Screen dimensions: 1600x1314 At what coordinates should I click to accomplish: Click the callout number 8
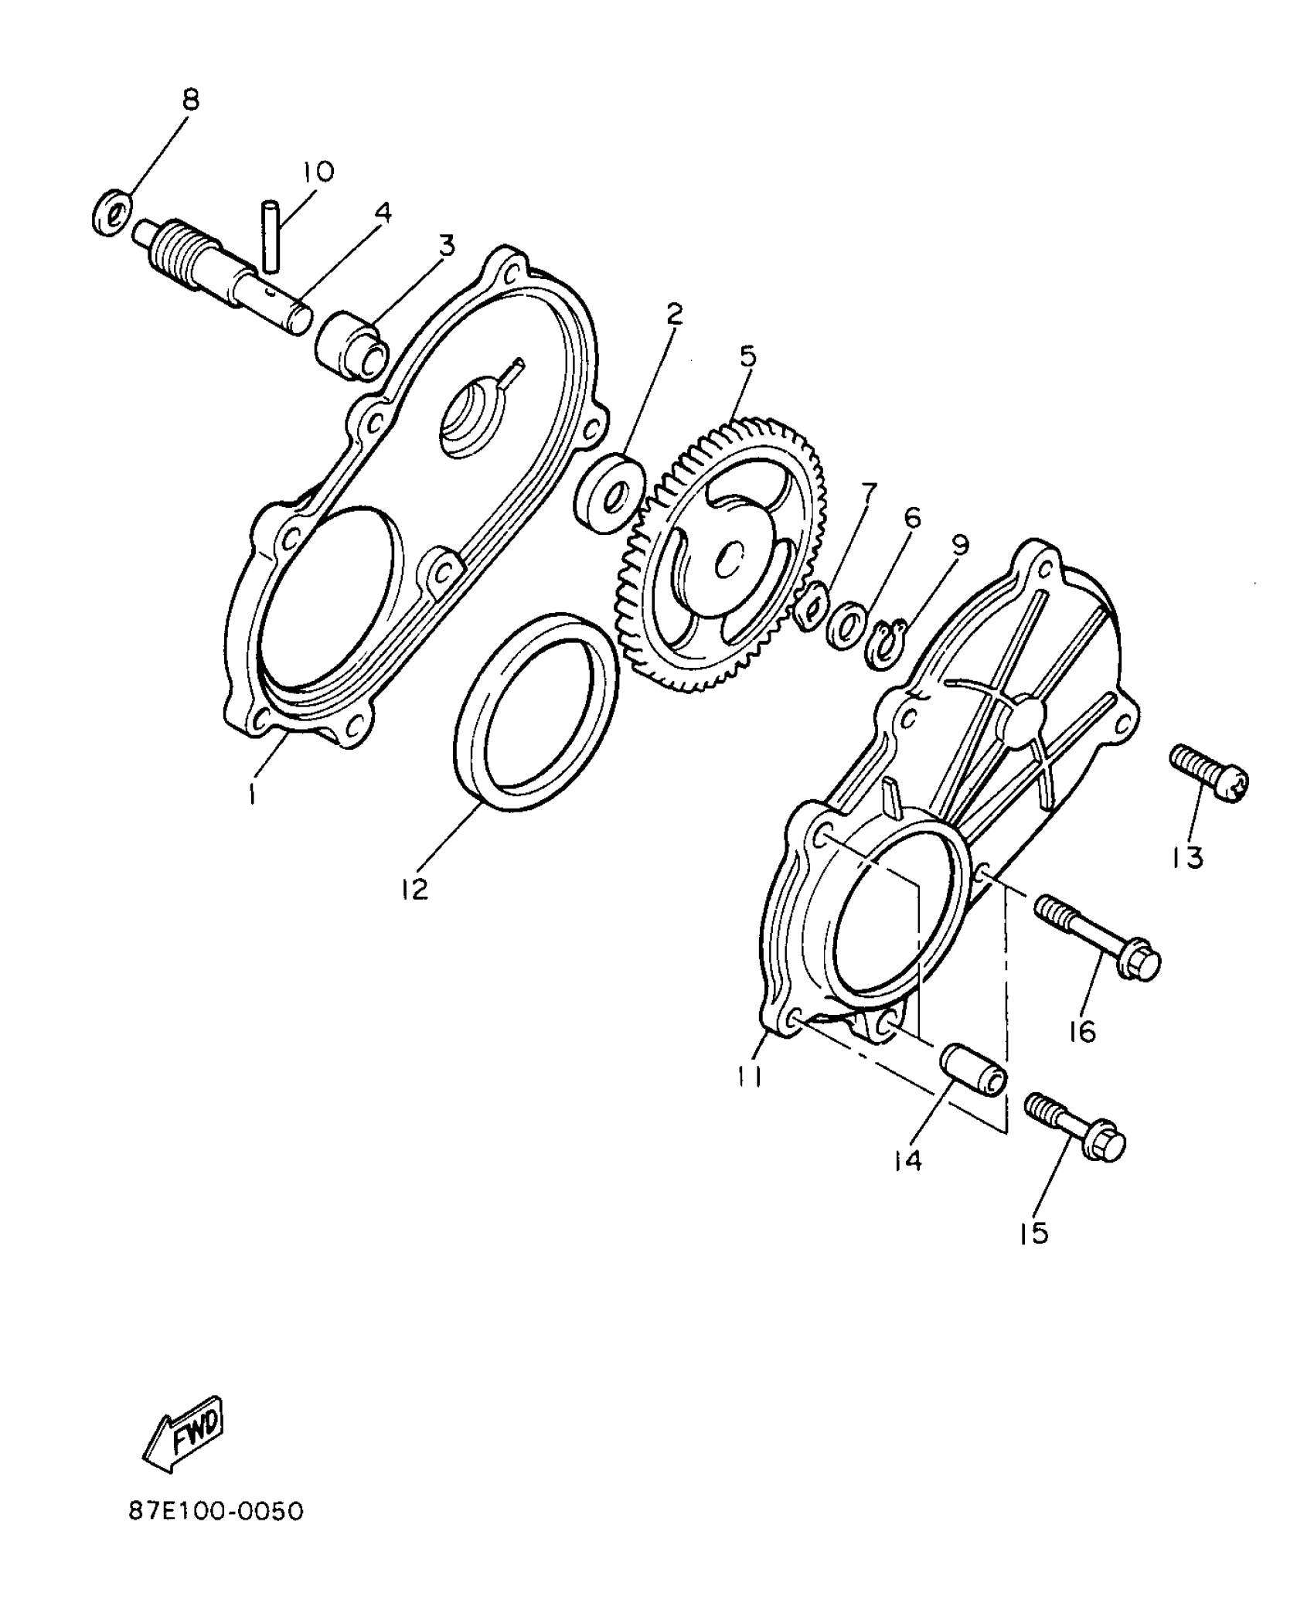pos(190,100)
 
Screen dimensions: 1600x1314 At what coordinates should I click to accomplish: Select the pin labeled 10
pos(270,236)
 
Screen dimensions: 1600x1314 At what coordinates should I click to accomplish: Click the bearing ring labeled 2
pos(609,494)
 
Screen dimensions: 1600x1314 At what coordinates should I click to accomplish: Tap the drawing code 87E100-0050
pos(216,1533)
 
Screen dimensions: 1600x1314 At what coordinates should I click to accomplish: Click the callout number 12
pos(415,889)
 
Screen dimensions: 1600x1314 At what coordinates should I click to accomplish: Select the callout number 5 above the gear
pos(747,356)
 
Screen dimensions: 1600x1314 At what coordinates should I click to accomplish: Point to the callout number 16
pos(1083,1030)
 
